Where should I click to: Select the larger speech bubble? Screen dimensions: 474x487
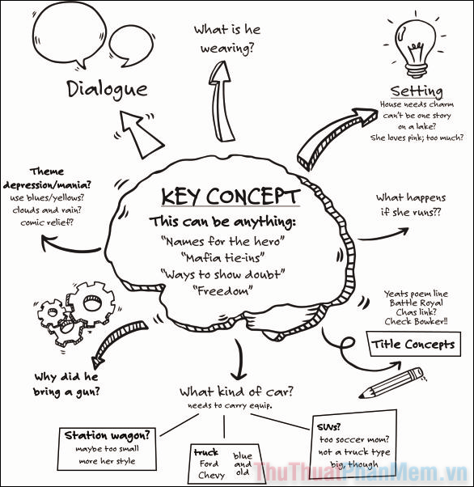69,35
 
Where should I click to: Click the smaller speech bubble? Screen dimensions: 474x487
131,46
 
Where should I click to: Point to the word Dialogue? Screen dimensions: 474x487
107,90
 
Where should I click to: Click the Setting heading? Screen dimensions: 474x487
417,91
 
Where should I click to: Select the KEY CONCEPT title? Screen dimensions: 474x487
231,197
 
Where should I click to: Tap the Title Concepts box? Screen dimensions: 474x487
413,344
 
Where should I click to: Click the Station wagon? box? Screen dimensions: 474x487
107,448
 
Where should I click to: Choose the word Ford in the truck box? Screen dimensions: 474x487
209,464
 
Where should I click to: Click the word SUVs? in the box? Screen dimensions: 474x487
328,427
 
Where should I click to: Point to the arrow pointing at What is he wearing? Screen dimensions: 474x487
221,101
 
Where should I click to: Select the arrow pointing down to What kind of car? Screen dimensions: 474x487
239,360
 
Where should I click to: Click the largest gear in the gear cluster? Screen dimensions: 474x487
91,303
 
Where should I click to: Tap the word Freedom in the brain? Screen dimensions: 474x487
222,290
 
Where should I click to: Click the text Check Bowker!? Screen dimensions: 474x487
417,321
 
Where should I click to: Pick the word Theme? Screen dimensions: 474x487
47,172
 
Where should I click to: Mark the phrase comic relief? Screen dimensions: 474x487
47,222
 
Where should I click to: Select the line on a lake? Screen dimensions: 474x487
417,126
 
